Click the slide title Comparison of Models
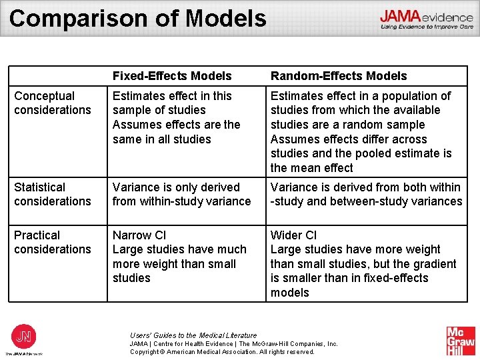[138, 18]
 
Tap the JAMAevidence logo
[427, 16]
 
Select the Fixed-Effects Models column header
[172, 76]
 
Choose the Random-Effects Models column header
[339, 76]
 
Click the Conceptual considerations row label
[53, 103]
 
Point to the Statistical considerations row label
[53, 194]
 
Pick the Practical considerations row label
[53, 242]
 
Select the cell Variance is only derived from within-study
[181, 194]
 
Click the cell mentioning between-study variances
[366, 194]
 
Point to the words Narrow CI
[139, 235]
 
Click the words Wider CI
[294, 235]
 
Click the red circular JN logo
[25, 337]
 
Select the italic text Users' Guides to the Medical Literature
[193, 335]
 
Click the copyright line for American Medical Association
[222, 351]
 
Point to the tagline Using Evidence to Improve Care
[427, 27]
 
